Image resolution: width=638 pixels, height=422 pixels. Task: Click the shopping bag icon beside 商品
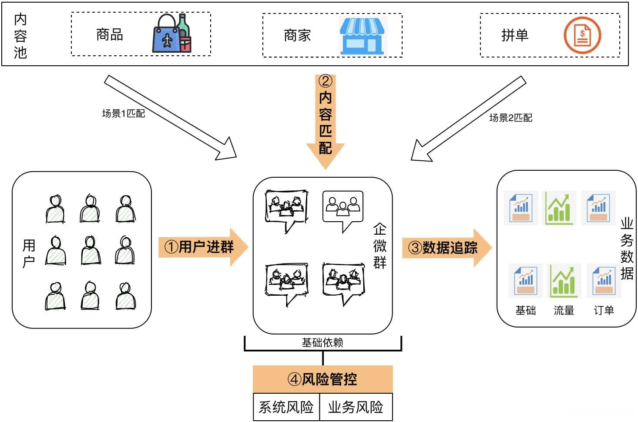171,34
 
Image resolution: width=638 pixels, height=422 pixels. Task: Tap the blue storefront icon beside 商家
362,36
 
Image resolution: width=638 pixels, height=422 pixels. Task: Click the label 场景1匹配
123,114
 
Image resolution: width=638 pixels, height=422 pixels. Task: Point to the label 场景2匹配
510,118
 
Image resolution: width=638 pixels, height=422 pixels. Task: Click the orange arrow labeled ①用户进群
203,247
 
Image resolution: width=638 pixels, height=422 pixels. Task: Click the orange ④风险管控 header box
322,379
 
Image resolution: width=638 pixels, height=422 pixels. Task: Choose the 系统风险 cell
286,407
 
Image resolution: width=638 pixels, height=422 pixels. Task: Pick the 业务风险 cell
356,407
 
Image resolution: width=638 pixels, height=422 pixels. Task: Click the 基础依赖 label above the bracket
322,343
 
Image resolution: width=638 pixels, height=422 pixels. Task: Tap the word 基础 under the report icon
525,311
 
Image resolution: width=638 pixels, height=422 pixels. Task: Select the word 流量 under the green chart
564,311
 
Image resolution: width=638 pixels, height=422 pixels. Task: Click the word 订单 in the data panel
604,311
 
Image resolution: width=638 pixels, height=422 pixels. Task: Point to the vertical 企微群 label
379,246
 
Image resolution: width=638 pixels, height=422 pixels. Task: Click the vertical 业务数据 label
627,248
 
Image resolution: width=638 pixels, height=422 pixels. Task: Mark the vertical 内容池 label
20,36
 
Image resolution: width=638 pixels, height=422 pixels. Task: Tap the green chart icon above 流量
564,281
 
